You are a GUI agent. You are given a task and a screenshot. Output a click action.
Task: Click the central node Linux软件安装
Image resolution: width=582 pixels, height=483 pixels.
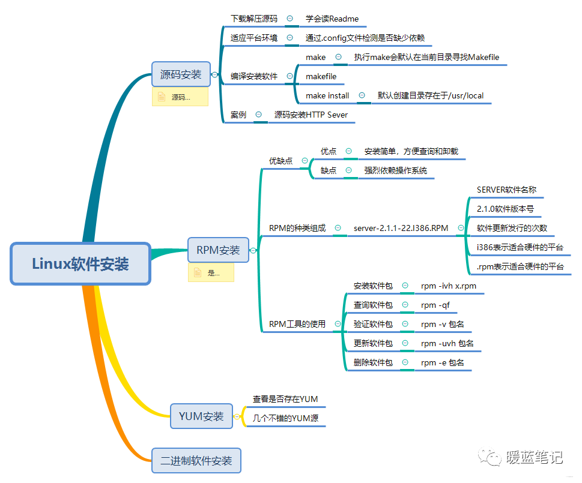tap(80, 263)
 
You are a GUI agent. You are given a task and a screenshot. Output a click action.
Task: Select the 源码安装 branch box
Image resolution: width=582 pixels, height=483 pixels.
tap(181, 75)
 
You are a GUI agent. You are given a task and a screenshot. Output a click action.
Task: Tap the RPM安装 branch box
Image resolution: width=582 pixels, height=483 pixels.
tap(218, 250)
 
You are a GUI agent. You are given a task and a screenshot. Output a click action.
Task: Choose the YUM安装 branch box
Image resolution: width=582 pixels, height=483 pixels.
tap(201, 416)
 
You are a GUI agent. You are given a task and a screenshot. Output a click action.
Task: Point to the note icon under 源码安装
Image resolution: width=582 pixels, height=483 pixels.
tap(161, 97)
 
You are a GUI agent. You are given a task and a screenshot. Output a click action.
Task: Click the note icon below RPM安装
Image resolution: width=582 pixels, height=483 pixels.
tap(197, 272)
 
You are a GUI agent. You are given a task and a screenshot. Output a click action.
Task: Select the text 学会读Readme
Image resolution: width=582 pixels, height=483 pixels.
tap(332, 19)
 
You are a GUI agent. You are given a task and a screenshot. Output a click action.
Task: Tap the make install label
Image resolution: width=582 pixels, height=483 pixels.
tap(327, 95)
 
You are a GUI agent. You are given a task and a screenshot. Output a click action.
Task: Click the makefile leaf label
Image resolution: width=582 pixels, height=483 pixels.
tap(321, 76)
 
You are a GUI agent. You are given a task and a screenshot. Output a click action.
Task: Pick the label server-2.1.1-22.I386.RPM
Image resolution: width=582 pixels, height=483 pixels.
tap(401, 228)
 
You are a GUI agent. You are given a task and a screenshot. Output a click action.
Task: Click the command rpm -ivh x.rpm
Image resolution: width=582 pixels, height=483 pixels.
tap(449, 286)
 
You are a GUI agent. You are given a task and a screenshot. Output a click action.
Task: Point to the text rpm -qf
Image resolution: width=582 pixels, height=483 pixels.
tap(435, 305)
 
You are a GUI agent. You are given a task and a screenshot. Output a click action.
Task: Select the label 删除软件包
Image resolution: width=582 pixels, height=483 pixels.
tap(373, 362)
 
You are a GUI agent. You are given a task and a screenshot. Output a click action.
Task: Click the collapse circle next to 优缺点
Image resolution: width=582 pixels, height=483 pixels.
tap(305, 161)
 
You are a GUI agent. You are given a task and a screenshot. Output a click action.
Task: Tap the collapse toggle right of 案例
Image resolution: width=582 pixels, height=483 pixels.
tap(258, 114)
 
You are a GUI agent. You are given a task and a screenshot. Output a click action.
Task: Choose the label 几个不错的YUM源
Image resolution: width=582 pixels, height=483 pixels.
tap(285, 418)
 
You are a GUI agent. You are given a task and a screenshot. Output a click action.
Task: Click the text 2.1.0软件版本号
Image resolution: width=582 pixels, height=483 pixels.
tap(505, 209)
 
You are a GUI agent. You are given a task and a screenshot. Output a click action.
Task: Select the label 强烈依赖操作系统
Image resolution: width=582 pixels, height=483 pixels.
tap(396, 170)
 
